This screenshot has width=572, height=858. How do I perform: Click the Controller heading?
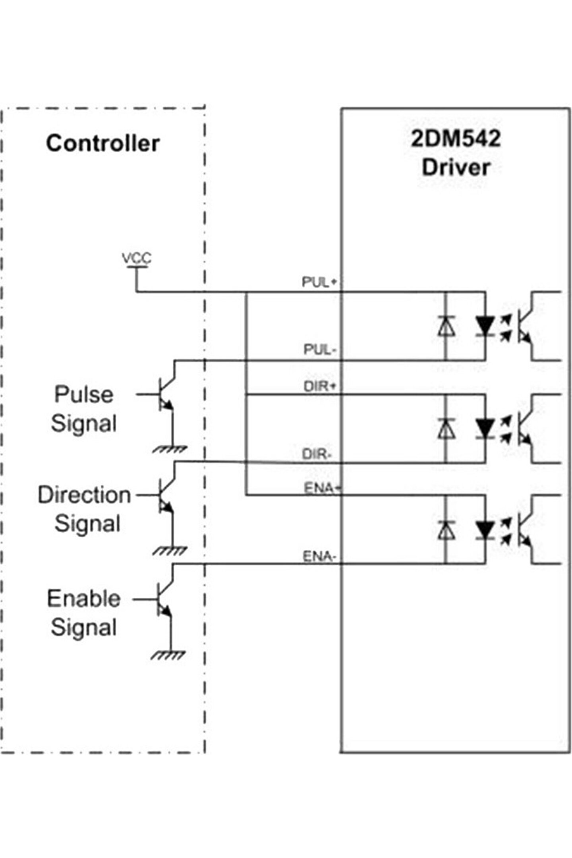click(x=103, y=143)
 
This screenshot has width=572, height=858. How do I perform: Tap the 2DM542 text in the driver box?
click(x=456, y=139)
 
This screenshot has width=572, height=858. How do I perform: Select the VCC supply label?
click(x=137, y=258)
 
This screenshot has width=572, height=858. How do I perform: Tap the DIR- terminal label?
click(x=317, y=454)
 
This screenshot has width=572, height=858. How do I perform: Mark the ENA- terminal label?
click(x=319, y=557)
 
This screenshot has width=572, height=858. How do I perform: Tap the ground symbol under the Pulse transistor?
click(x=170, y=449)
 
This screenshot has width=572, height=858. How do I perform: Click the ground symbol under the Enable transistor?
click(x=168, y=655)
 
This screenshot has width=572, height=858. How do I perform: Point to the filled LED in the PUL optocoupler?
click(x=485, y=326)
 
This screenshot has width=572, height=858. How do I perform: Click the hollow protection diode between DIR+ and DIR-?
click(x=446, y=429)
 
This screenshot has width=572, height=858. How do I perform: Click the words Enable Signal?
click(x=84, y=613)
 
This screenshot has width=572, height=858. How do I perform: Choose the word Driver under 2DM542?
click(x=456, y=167)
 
